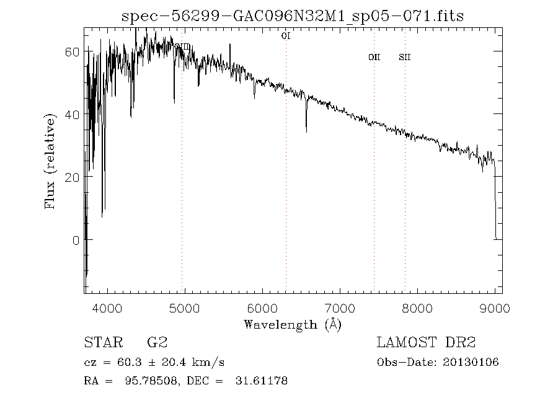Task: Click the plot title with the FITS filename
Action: [x=293, y=15]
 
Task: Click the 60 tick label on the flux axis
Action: [x=72, y=51]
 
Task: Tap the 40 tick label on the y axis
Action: [x=72, y=114]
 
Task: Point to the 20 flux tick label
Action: [x=72, y=177]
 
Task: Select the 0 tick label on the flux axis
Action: [x=76, y=240]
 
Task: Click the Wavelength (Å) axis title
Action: [x=293, y=324]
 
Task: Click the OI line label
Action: [x=286, y=37]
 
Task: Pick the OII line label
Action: [x=374, y=58]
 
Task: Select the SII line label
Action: [x=405, y=58]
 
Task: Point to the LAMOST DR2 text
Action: [x=426, y=342]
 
